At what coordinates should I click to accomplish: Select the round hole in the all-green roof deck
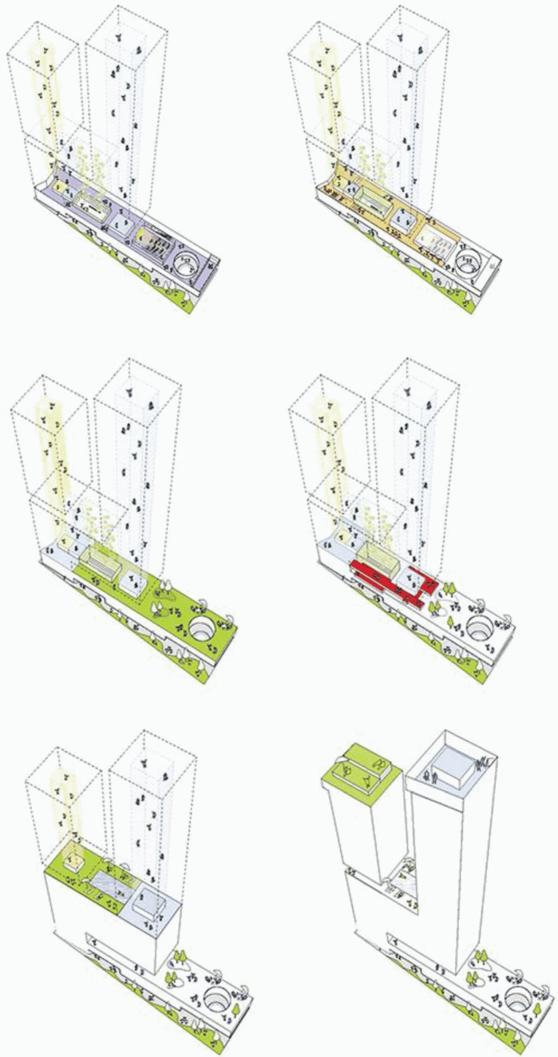tap(202, 628)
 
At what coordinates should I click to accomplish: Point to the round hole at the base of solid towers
tap(518, 996)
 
